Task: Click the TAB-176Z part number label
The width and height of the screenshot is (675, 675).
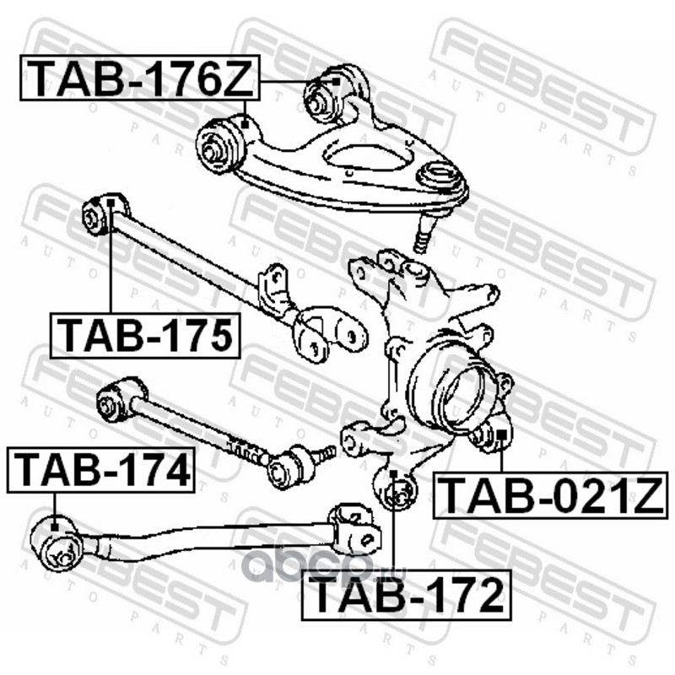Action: [140, 78]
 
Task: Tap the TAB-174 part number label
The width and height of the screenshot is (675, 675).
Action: [101, 470]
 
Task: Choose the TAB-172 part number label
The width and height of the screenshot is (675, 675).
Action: [407, 596]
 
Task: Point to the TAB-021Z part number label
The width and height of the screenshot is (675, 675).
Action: [551, 495]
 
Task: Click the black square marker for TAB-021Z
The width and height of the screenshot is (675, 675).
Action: [501, 435]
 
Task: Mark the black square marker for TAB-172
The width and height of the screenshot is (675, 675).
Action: [393, 473]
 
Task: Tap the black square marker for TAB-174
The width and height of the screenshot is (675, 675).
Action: [55, 526]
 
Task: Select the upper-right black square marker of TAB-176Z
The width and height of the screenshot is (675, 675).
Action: [336, 81]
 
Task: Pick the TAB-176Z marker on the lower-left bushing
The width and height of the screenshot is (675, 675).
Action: [245, 124]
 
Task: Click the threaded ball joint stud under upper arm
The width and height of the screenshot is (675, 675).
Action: [422, 235]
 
